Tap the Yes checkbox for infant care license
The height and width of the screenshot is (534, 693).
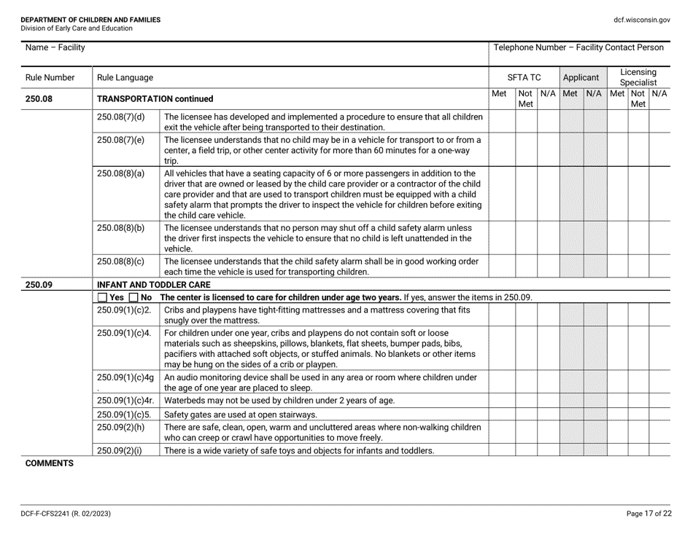pos(102,297)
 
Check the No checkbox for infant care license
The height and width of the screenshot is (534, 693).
pos(134,297)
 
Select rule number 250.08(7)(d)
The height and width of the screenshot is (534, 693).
pos(121,117)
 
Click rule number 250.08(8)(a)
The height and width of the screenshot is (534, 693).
pos(121,173)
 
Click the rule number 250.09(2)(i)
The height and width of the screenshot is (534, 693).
pos(121,450)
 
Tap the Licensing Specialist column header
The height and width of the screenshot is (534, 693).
pos(638,76)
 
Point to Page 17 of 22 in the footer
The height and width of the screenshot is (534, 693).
pos(648,514)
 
